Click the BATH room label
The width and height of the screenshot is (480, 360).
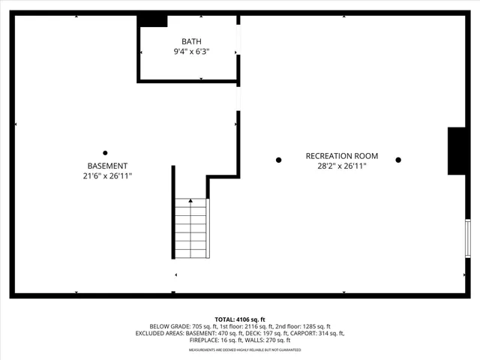pos(191,41)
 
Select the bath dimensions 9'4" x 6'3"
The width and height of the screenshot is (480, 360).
pos(191,52)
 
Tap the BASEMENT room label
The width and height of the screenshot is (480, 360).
pos(107,166)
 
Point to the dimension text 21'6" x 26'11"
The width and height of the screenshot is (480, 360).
pos(107,176)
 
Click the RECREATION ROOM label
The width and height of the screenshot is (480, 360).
pos(341,156)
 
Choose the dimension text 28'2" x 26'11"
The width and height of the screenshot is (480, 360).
pos(341,166)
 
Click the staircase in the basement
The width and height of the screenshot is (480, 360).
pos(191,229)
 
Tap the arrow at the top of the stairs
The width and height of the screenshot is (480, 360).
pos(190,201)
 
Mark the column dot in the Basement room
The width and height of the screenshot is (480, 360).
pos(105,153)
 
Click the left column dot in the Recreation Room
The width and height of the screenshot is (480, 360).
pos(278,160)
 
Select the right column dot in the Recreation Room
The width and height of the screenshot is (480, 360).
pos(398,160)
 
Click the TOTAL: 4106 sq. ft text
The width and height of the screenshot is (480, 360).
pos(240,319)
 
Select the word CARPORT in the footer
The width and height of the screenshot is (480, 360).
pos(307,333)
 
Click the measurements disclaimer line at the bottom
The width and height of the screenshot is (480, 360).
pos(240,350)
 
